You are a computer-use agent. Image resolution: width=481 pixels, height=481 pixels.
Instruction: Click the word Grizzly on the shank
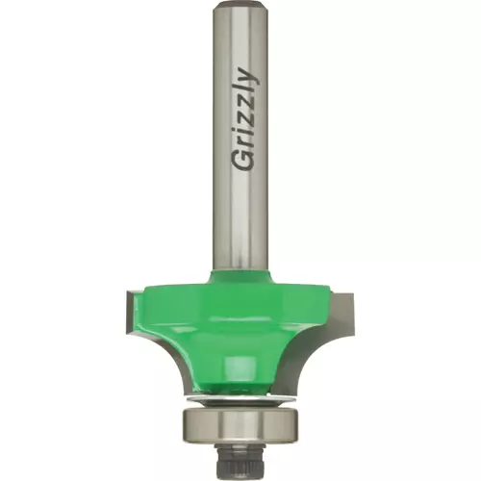click(x=244, y=119)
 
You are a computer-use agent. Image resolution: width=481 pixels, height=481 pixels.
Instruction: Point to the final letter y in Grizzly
click(x=247, y=77)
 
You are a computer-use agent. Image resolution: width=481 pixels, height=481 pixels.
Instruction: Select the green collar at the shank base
click(x=240, y=276)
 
